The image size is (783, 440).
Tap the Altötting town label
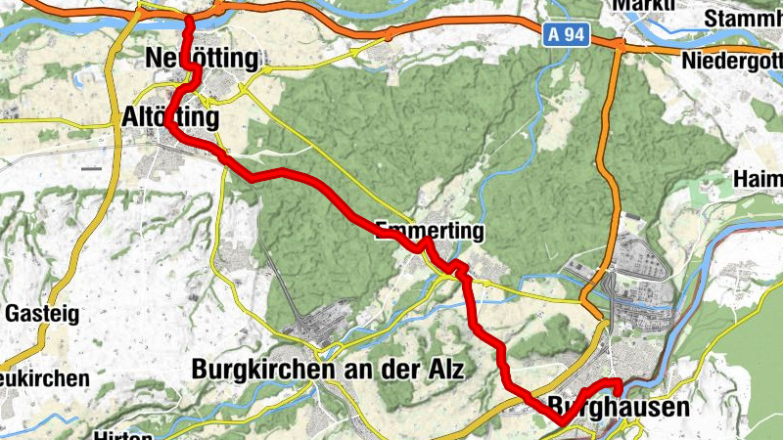(172, 117)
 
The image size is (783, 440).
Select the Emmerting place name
(431, 232)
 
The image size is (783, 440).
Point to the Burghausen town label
(619, 406)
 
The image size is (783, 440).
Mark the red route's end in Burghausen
(620, 381)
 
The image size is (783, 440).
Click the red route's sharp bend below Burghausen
(563, 422)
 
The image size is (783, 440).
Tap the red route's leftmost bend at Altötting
(169, 126)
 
